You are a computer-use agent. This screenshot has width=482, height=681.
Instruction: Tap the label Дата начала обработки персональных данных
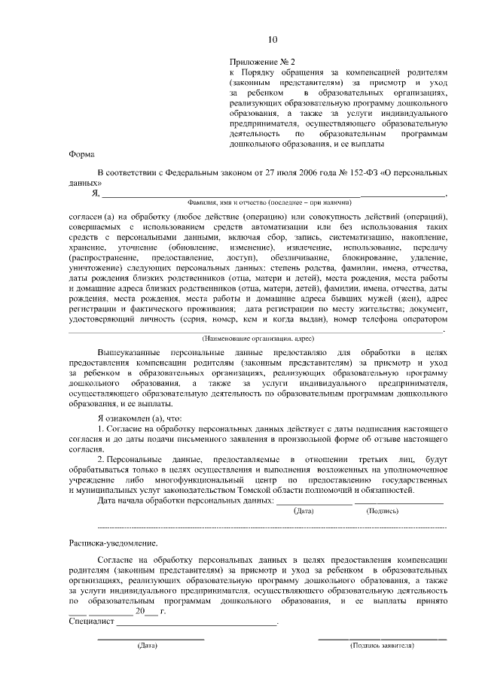tap(185, 500)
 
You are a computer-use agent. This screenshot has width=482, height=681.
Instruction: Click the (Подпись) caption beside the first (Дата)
tap(383, 510)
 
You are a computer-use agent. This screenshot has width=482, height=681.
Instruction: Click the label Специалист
tap(90, 623)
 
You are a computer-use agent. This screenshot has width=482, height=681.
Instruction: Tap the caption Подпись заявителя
tap(383, 646)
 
